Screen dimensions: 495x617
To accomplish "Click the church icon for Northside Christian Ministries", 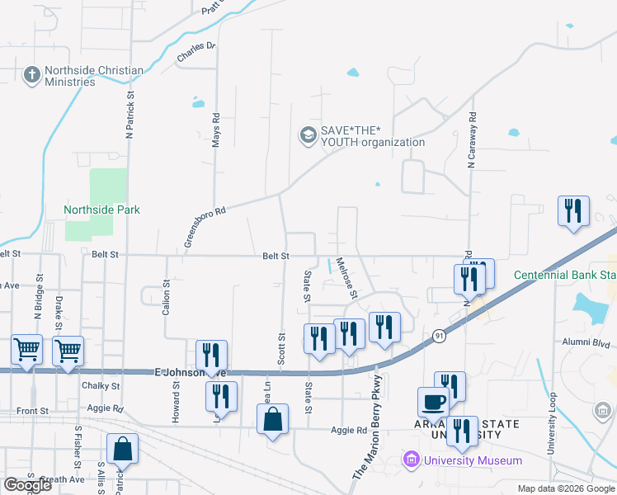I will click(x=32, y=76).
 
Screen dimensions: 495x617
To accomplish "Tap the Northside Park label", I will click(x=102, y=210).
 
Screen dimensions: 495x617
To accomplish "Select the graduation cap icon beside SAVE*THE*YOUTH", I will click(x=308, y=135).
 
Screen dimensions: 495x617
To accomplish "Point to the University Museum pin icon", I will click(x=409, y=460).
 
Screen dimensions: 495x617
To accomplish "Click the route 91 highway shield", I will click(x=438, y=336).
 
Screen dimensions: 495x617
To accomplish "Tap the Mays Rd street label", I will click(x=216, y=130).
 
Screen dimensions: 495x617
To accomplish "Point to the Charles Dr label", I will click(x=195, y=52).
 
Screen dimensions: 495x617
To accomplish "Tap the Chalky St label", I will click(x=101, y=385).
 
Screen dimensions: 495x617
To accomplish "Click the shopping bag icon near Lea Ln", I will click(x=273, y=421).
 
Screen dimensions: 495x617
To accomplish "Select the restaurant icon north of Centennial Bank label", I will click(x=572, y=212).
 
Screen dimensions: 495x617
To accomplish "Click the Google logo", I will click(x=27, y=485).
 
